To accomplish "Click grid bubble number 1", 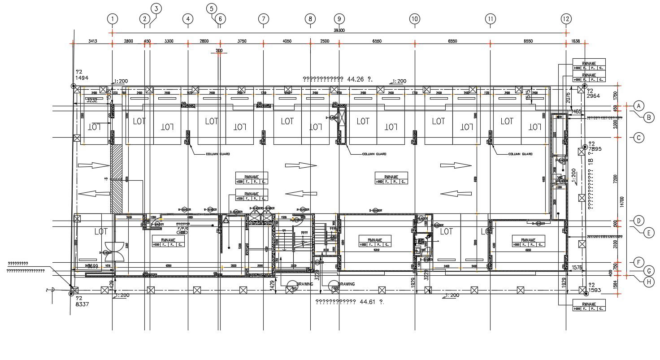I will click(112, 19).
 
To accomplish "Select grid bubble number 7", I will click(263, 19).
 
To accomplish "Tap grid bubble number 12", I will click(566, 19).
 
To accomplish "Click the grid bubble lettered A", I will click(638, 106).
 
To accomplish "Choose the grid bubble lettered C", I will click(638, 138).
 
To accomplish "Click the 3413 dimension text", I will click(92, 41).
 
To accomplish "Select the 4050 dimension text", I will click(287, 41).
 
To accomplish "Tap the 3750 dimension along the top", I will click(241, 41).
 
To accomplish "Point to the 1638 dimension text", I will click(575, 41).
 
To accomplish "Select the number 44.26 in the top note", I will click(356, 79).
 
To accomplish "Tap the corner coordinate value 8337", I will click(82, 304).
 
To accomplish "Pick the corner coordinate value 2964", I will click(593, 96).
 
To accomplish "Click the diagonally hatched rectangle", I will click(116, 178).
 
